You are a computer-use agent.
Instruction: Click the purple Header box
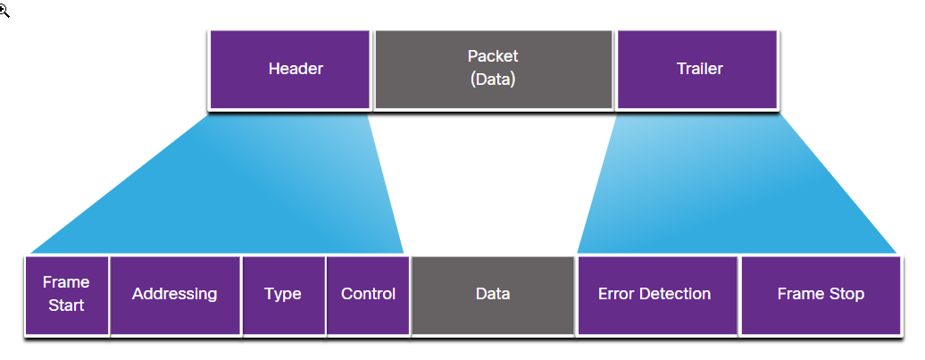coord(289,70)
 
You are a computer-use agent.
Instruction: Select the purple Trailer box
coord(698,70)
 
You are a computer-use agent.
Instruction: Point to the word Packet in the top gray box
coord(493,56)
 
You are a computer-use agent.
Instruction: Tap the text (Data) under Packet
coord(493,79)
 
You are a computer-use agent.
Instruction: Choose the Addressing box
coord(175,294)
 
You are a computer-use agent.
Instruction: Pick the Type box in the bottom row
coord(283,294)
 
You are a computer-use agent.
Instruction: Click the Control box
coord(368,294)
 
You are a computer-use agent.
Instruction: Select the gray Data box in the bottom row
coord(493,294)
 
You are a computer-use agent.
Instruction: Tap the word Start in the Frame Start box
coord(67,306)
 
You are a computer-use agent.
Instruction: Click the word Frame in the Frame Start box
coord(67,282)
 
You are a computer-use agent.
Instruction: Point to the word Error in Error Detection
coord(616,294)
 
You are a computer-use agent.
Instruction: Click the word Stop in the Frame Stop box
coord(846,294)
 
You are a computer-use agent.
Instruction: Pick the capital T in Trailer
coord(679,69)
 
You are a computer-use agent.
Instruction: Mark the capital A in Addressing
coord(137,294)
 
